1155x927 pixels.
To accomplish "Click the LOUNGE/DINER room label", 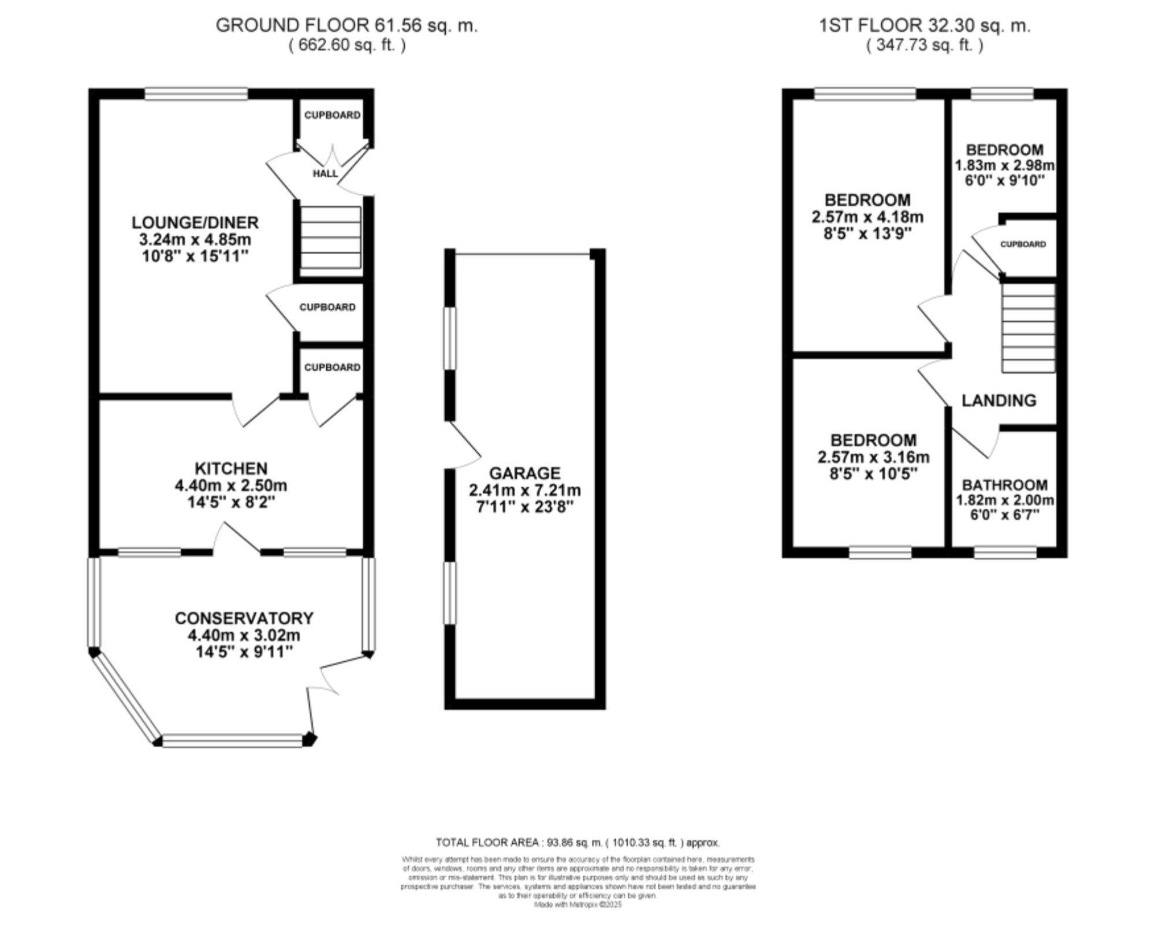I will coord(195,223).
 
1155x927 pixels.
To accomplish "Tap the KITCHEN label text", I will coord(230,468).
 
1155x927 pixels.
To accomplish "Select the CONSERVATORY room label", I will coord(244,618).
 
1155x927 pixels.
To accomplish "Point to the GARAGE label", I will coord(524,473).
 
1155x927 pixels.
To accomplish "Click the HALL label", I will coord(325,173).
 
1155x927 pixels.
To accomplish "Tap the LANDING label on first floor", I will coord(998,400).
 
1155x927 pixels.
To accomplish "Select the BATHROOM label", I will coord(1004,484).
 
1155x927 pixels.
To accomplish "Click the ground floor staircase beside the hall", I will coord(330,238).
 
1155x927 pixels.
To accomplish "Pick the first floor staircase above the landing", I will coord(1028,327).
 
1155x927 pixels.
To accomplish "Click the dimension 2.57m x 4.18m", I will coord(867,217).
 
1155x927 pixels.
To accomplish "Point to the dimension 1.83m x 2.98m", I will coord(1004,165).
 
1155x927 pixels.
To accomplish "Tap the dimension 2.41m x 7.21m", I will coord(524,491).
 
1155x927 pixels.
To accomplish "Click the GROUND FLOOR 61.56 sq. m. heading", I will coord(346,25).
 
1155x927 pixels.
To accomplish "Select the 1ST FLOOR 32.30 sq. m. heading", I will coord(925,25).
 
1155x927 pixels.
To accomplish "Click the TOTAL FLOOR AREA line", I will coord(577,843).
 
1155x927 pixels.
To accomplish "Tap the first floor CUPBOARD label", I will coord(1023,244).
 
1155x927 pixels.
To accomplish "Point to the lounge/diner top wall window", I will coord(196,94).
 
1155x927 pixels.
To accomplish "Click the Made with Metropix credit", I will coord(577,905).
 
